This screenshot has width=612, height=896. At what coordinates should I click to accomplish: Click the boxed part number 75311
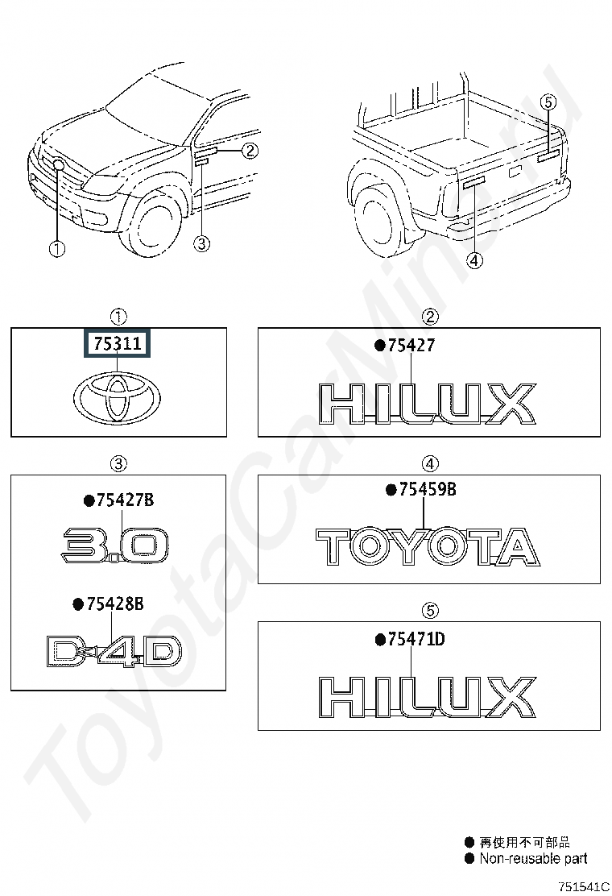[x=118, y=344]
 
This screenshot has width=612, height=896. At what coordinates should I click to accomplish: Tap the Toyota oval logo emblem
[x=118, y=397]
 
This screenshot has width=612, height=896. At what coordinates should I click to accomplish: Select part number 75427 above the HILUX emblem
[x=411, y=346]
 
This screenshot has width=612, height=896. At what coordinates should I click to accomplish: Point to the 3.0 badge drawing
[x=116, y=545]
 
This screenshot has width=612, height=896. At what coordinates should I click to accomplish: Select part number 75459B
[x=422, y=489]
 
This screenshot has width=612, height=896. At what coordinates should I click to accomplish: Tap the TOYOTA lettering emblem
[x=427, y=547]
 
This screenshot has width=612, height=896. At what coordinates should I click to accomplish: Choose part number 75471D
[x=416, y=639]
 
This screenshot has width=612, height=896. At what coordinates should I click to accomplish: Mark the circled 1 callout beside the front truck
[x=56, y=250]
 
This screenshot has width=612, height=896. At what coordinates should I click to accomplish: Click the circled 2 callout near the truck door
[x=250, y=150]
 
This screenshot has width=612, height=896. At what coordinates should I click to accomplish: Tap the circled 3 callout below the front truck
[x=202, y=243]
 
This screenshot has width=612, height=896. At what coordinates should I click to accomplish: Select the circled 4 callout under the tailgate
[x=474, y=260]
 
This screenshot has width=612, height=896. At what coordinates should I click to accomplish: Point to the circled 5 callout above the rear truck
[x=548, y=102]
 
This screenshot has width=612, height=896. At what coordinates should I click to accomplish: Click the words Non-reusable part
[x=533, y=859]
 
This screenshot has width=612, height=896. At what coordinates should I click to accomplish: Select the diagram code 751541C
[x=585, y=886]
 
